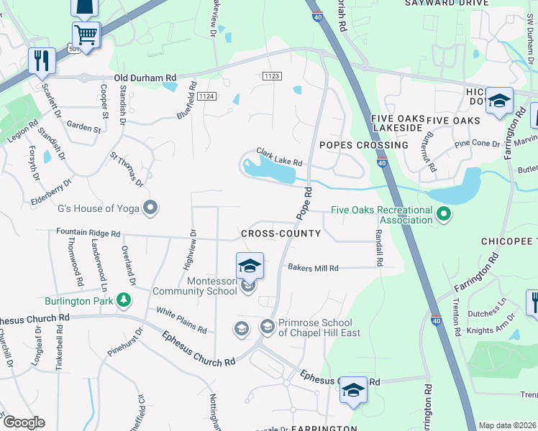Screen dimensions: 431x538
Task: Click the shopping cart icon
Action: pyautogui.click(x=86, y=34)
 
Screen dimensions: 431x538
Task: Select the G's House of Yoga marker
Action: pyautogui.click(x=150, y=208)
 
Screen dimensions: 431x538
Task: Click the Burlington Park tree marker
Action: pyautogui.click(x=124, y=299)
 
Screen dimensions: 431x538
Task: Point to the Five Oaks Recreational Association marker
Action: pyautogui.click(x=444, y=213)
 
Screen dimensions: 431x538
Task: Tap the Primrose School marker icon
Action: pyautogui.click(x=267, y=328)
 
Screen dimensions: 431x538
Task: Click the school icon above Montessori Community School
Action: pyautogui.click(x=249, y=265)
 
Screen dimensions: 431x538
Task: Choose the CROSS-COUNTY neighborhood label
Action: pyautogui.click(x=281, y=234)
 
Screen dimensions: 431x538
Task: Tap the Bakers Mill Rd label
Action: pyautogui.click(x=313, y=268)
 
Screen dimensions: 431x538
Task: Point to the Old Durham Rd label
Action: pyautogui.click(x=145, y=78)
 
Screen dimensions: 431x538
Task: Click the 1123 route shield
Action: pyautogui.click(x=271, y=75)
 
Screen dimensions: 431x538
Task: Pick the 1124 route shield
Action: pyautogui.click(x=207, y=96)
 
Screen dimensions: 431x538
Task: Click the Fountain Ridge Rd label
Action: pyautogui.click(x=88, y=233)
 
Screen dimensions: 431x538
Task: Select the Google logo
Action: pyautogui.click(x=23, y=422)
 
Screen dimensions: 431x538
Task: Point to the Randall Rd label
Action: pyautogui.click(x=378, y=245)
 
